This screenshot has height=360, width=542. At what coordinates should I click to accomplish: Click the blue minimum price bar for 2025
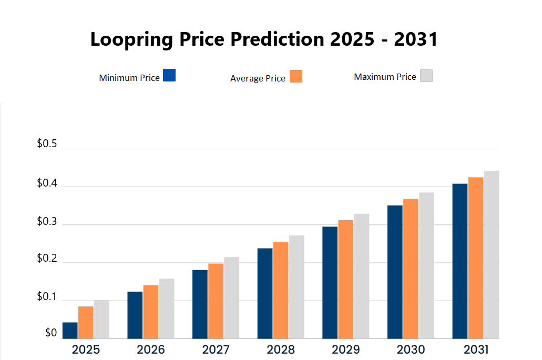(x=70, y=331)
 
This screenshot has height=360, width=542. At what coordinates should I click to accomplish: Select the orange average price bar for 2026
(x=151, y=312)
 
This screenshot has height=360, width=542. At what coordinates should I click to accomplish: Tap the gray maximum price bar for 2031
(x=492, y=255)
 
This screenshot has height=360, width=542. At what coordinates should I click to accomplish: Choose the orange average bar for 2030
(x=411, y=269)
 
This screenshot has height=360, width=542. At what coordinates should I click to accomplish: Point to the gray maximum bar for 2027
(x=231, y=298)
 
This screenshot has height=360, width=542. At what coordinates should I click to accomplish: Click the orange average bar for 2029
(x=346, y=279)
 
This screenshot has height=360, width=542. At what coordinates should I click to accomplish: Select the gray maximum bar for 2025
(x=101, y=320)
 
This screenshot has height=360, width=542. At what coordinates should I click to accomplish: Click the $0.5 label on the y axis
(x=47, y=145)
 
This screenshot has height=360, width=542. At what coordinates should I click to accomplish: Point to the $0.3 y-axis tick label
(x=47, y=221)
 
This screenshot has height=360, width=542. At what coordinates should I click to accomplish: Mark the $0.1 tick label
(x=47, y=297)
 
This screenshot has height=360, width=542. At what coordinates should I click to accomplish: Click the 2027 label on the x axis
(x=216, y=349)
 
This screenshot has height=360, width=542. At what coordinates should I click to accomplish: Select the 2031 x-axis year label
(x=476, y=349)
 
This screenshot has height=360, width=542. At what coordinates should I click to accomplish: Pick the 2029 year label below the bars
(x=346, y=349)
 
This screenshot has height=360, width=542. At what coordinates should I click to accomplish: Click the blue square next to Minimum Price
(x=169, y=75)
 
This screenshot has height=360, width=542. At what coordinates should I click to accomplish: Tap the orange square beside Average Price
(x=296, y=76)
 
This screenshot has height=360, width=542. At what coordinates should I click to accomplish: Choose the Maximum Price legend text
(x=385, y=77)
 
